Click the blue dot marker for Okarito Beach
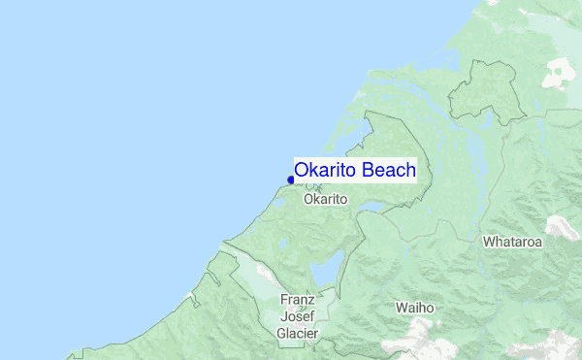tap(291, 179)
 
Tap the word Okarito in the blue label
tap(326, 171)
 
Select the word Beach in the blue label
tap(389, 171)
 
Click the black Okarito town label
tap(325, 199)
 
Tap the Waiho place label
tap(414, 308)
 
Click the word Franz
tap(297, 300)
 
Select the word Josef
tap(297, 316)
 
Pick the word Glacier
tap(297, 333)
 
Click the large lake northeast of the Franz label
tap(328, 267)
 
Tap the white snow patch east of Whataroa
tap(560, 228)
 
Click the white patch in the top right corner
tap(561, 71)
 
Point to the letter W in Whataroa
tap(490, 241)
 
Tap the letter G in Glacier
tap(280, 333)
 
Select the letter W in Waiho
tap(401, 308)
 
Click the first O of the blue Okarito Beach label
tap(302, 171)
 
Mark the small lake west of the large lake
tap(282, 244)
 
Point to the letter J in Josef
tap(284, 316)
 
